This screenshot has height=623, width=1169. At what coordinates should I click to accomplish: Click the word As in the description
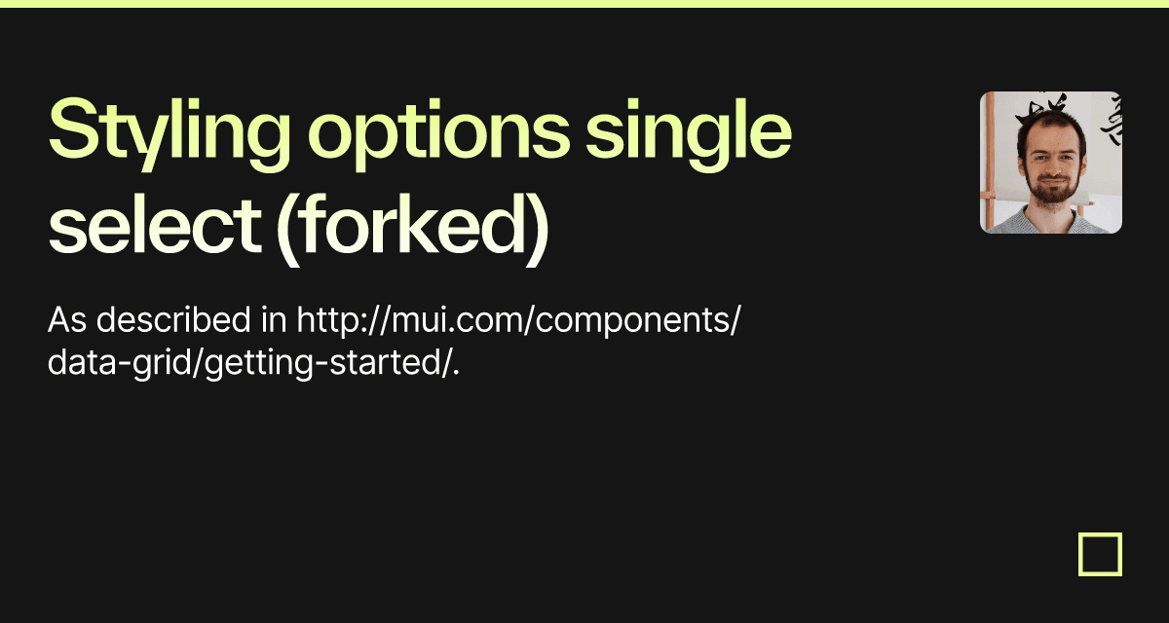point(65,319)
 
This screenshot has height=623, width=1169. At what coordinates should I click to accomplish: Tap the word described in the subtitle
point(167,319)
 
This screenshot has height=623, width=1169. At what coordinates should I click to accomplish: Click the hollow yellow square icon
point(1100,554)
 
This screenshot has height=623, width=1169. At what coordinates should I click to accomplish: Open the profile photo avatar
point(1050,163)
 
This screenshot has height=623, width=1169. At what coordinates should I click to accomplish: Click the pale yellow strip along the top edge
point(584,3)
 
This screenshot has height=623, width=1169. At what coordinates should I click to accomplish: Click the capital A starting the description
point(57,319)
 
